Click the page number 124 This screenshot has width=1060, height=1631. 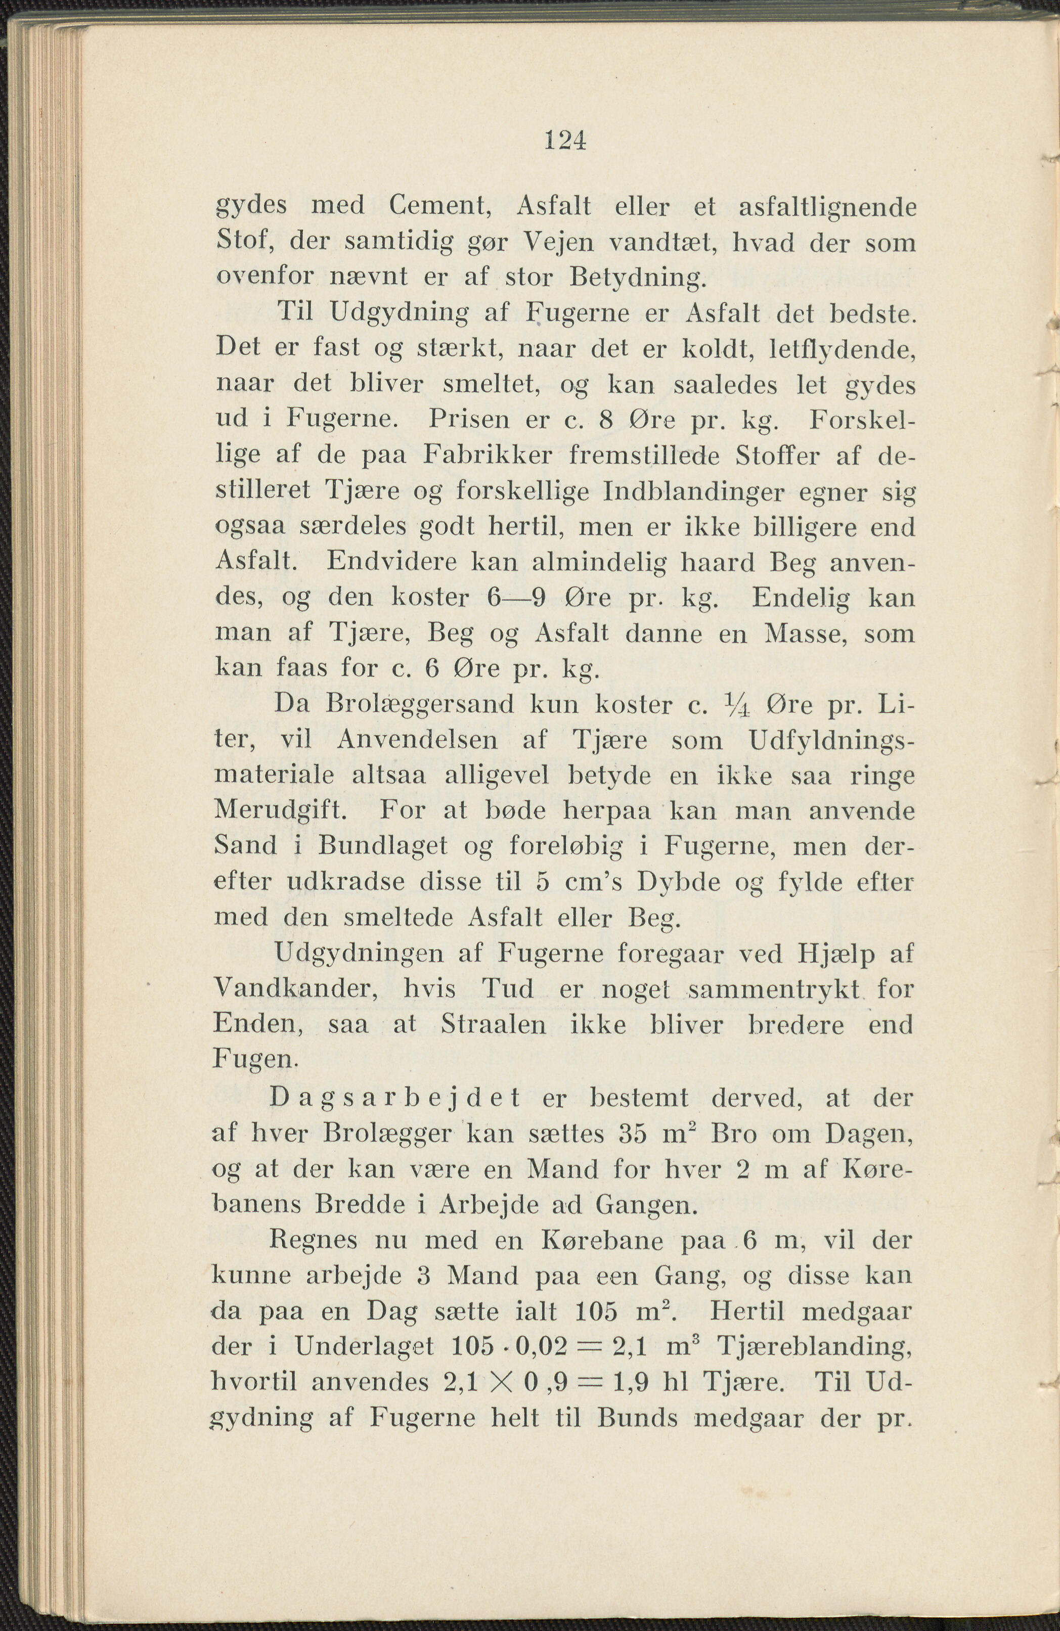[565, 141]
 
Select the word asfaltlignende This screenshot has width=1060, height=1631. [827, 207]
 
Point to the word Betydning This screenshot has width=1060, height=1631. [636, 278]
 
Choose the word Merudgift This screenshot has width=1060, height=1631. [282, 811]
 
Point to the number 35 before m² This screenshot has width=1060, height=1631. [634, 1134]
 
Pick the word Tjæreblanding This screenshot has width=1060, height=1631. [814, 1347]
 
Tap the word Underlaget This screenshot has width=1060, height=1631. [364, 1347]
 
